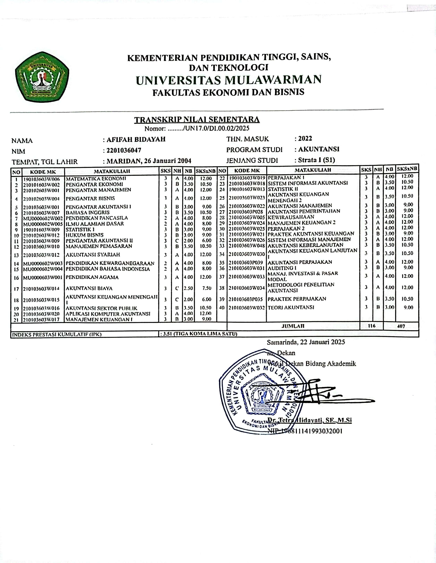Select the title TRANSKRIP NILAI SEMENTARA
197,120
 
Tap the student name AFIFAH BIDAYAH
136,140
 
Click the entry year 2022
305,139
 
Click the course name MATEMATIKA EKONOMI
96,179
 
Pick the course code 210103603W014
41,289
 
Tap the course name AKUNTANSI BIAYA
89,288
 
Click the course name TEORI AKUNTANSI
291,307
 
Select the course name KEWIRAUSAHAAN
291,217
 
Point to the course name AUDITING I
282,268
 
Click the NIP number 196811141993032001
305,431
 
